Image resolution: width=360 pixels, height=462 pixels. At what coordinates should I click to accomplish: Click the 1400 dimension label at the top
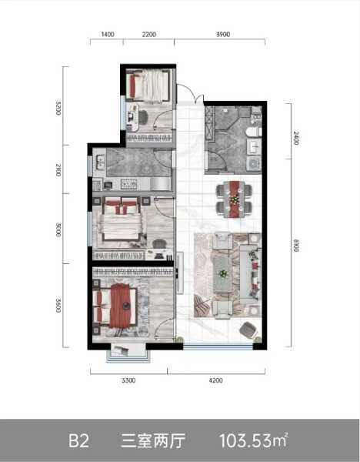click(x=108, y=35)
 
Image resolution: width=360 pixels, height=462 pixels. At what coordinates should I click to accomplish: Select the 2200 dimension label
click(x=149, y=35)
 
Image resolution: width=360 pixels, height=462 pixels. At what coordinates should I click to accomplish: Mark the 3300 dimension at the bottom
click(x=128, y=380)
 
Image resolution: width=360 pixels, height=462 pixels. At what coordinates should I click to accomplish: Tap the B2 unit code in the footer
click(x=79, y=441)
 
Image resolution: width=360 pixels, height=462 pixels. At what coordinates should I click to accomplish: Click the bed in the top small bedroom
click(x=149, y=85)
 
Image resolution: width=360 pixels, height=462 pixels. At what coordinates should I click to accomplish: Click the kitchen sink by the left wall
click(x=100, y=163)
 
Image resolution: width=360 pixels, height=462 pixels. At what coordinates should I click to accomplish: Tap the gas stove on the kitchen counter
click(x=128, y=184)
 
